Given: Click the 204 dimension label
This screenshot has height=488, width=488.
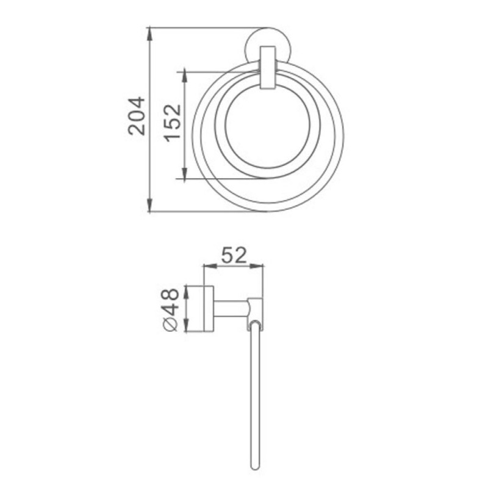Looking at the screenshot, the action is (137, 116).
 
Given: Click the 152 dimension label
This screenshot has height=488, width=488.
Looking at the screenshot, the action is (173, 123).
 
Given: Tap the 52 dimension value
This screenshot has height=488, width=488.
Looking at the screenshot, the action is (234, 255).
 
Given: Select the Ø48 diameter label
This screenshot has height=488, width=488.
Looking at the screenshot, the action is (171, 310).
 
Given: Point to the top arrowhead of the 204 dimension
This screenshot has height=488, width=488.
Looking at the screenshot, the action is (150, 34).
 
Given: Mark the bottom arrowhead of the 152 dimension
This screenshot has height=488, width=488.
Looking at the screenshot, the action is (185, 173).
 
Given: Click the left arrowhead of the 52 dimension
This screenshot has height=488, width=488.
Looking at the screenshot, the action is (209, 266).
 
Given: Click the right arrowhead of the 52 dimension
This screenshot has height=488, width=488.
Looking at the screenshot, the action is (256, 266).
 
